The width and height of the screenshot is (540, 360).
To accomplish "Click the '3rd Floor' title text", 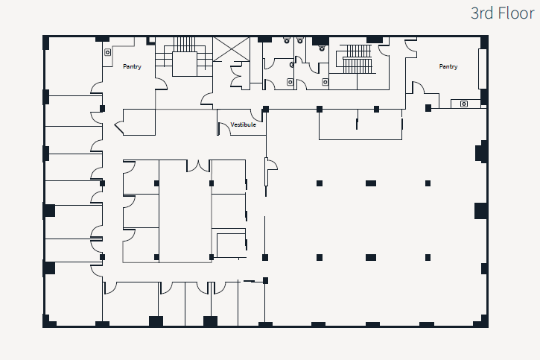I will (x=502, y=13).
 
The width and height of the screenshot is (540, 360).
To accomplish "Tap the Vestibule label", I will (x=243, y=124).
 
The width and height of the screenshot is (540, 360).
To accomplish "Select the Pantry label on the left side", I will (x=133, y=67).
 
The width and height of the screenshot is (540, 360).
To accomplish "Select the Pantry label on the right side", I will (x=448, y=67).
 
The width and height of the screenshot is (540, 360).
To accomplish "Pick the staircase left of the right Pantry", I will (x=356, y=59).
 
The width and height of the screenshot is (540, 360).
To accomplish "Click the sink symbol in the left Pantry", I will (x=108, y=52).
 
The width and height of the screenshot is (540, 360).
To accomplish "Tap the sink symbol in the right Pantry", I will (x=464, y=104).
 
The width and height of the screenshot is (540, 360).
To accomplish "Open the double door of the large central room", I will (x=198, y=165).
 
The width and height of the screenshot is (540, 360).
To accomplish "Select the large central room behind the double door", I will (x=185, y=212).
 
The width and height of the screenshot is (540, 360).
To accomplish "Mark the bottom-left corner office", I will (x=73, y=302).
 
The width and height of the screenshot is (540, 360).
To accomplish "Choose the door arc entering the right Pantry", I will (x=418, y=88).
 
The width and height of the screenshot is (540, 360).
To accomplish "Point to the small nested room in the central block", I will (x=230, y=245).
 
